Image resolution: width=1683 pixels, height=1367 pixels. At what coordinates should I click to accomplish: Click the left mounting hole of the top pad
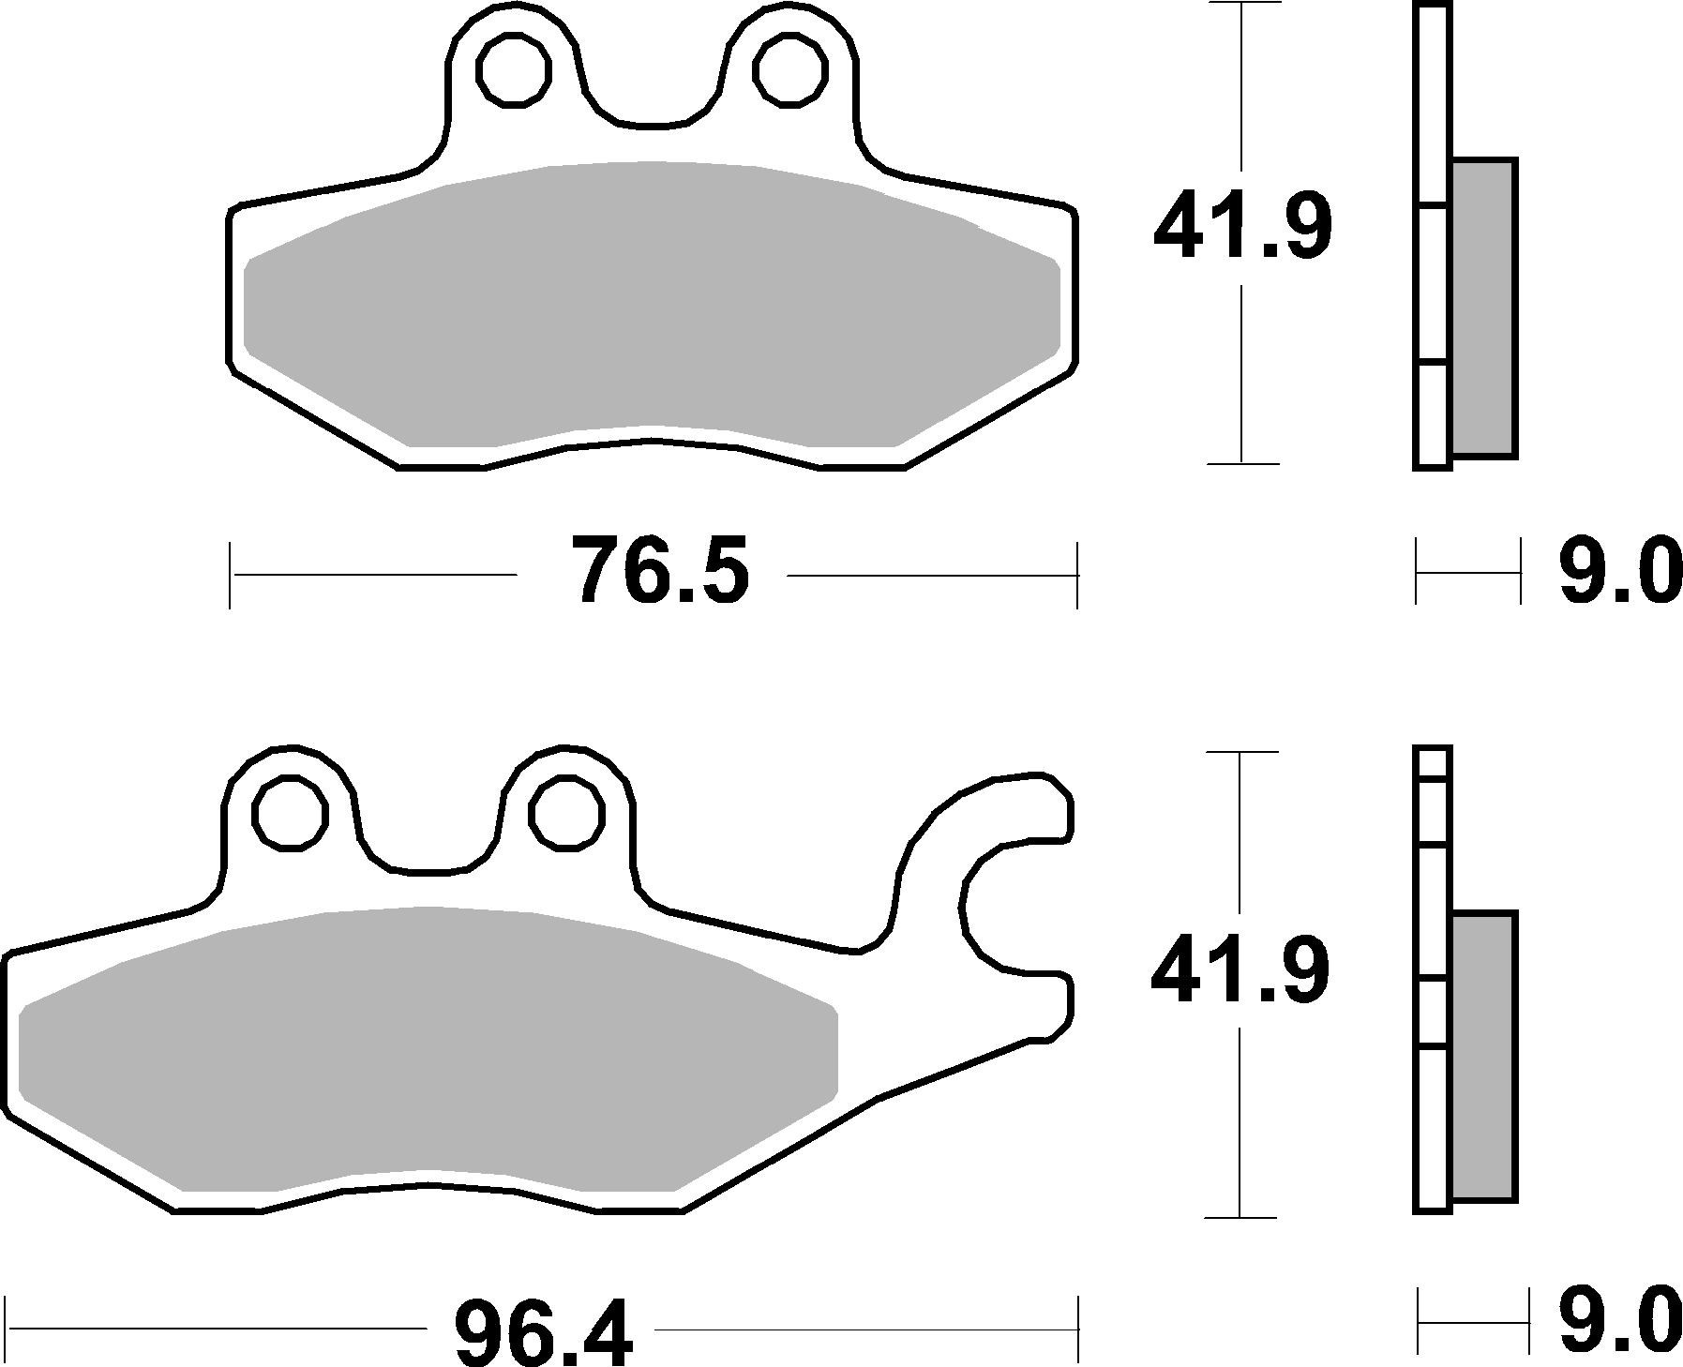tap(513, 69)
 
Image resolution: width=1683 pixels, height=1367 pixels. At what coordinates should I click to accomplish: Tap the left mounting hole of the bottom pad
tap(291, 812)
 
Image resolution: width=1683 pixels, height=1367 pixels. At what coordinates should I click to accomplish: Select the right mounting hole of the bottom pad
tap(566, 812)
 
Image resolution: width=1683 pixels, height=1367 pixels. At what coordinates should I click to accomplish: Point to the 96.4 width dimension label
tap(544, 1329)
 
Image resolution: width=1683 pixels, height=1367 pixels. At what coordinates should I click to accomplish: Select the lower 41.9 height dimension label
tap(1240, 971)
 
